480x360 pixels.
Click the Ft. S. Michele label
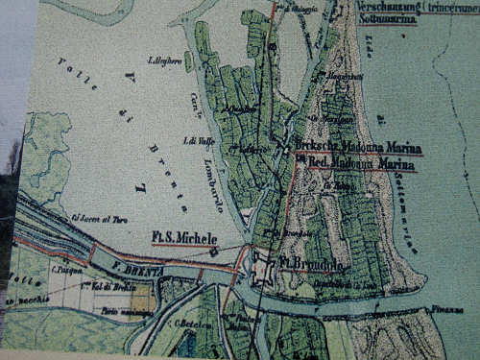[184, 237]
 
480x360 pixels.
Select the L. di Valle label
[184, 141]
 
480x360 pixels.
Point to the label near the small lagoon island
[162, 60]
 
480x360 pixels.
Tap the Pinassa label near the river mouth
[439, 311]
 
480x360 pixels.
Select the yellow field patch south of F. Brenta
[140, 297]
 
